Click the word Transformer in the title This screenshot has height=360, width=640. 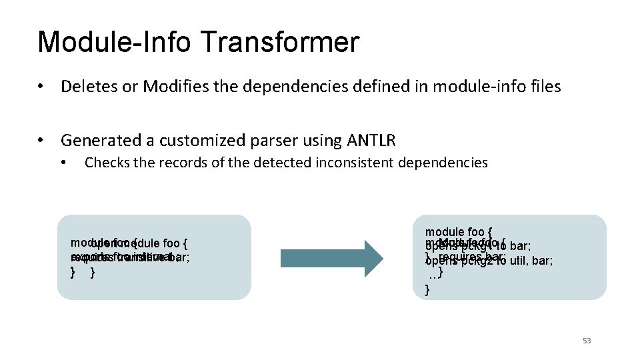coord(279,41)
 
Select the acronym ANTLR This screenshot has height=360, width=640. coord(371,141)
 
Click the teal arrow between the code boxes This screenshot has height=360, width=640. coord(332,257)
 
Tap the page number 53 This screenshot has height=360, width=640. coord(587,341)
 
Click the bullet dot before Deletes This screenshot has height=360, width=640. coord(42,87)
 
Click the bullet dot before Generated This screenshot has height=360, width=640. coord(42,141)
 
